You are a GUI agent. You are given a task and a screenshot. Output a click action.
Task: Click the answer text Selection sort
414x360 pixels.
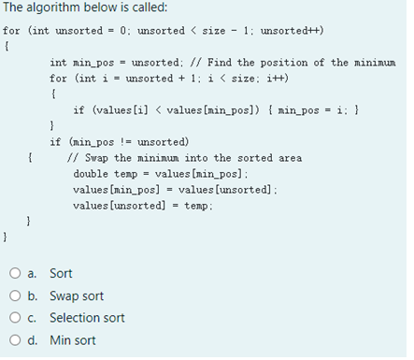click(87, 318)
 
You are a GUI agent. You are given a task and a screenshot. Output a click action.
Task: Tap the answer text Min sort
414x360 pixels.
click(72, 340)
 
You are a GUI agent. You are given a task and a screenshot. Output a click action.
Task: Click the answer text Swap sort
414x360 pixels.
click(77, 296)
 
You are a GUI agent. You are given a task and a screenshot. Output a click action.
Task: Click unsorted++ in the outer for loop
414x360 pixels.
click(292, 30)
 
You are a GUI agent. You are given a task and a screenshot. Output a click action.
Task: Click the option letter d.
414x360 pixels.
click(33, 340)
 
